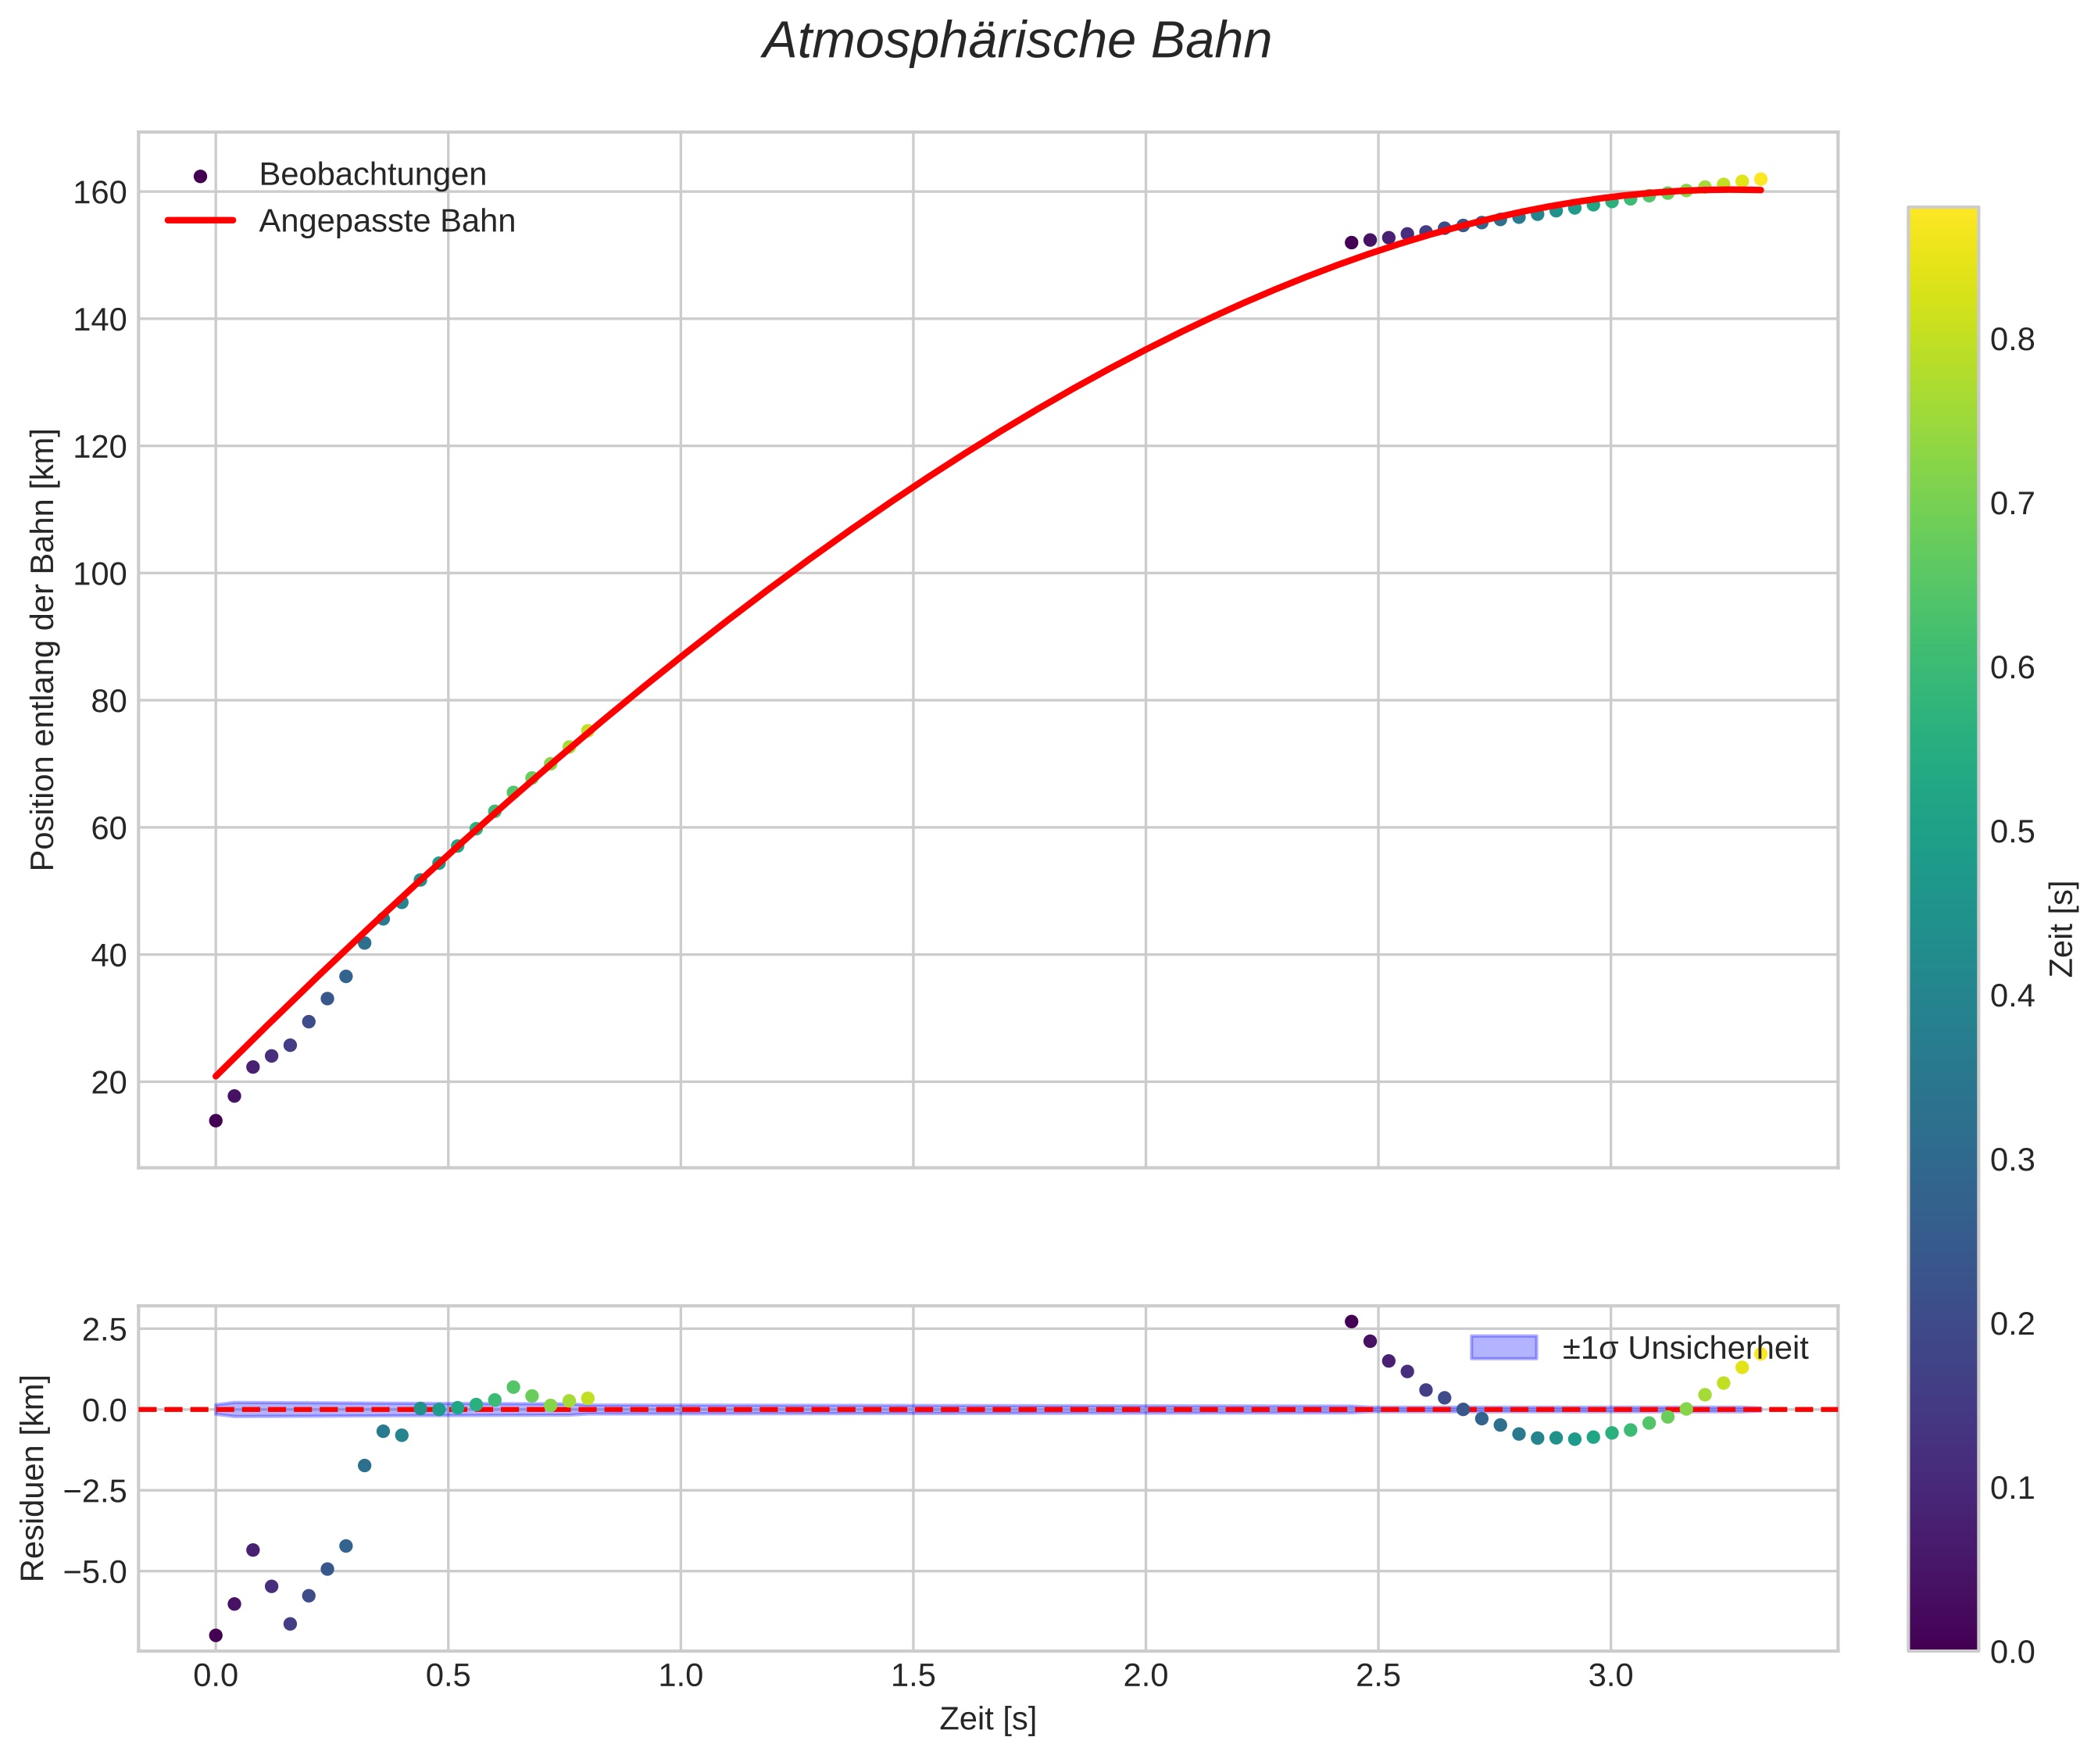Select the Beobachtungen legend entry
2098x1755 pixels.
pos(372,175)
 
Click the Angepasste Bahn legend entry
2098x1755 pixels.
pos(387,221)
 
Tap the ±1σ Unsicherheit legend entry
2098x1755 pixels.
pos(1685,1349)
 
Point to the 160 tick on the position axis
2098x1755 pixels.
pos(100,193)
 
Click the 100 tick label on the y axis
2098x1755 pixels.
pos(100,574)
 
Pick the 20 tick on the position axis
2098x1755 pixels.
pos(108,1083)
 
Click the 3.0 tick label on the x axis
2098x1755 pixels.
pos(1610,1675)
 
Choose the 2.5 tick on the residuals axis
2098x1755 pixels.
pos(105,1329)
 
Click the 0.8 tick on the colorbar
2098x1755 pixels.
pos(2012,341)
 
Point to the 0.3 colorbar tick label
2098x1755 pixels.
pos(2012,1160)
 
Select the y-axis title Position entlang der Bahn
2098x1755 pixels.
pos(43,649)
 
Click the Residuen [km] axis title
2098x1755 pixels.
pos(33,1478)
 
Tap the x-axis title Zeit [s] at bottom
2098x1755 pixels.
pos(987,1719)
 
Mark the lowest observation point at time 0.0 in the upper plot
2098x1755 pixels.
pos(216,1121)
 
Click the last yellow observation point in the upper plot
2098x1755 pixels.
pos(1760,180)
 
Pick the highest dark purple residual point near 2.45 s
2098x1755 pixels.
pos(1352,1321)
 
